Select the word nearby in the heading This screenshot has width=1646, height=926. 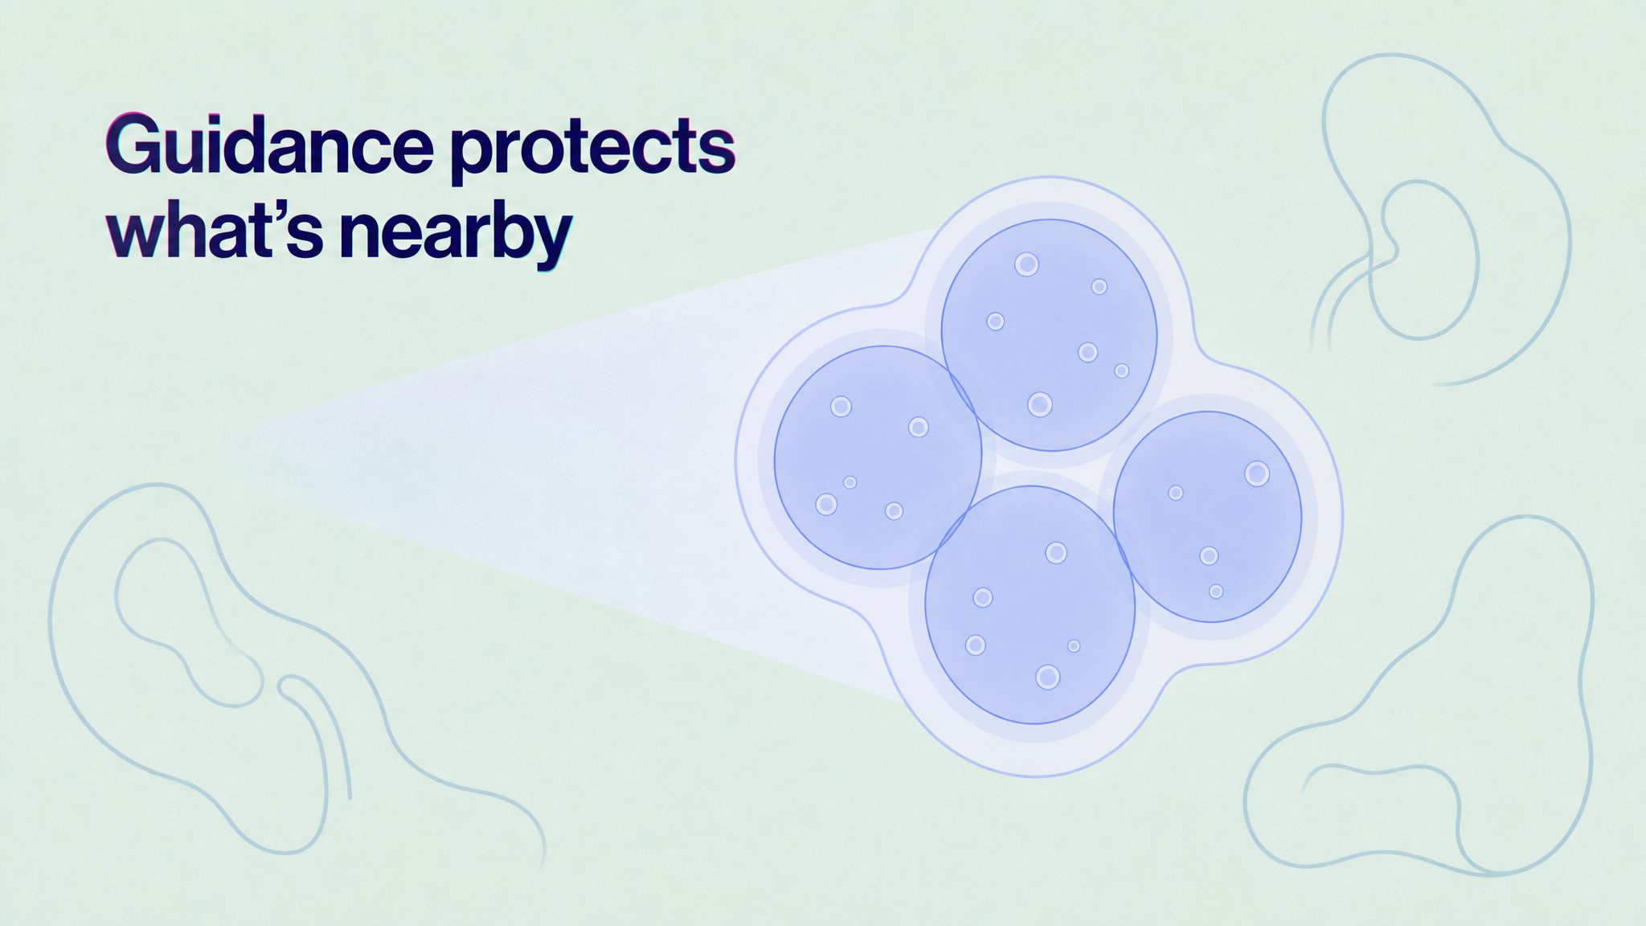[x=455, y=234]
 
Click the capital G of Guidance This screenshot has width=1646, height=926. [x=133, y=145]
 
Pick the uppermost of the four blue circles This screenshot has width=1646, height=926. [x=1049, y=334]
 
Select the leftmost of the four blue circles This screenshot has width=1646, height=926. [x=878, y=457]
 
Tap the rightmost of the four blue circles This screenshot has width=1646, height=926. [x=1207, y=517]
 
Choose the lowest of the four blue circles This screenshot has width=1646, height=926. [x=1030, y=604]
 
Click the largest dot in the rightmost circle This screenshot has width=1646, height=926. [x=1257, y=473]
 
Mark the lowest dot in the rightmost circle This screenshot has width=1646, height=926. [x=1216, y=591]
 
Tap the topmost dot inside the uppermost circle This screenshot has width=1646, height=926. [x=1026, y=264]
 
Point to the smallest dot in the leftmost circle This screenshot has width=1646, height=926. [x=850, y=482]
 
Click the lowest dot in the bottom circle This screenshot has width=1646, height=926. [x=1047, y=677]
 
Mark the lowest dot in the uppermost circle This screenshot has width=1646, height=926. [x=1040, y=404]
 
